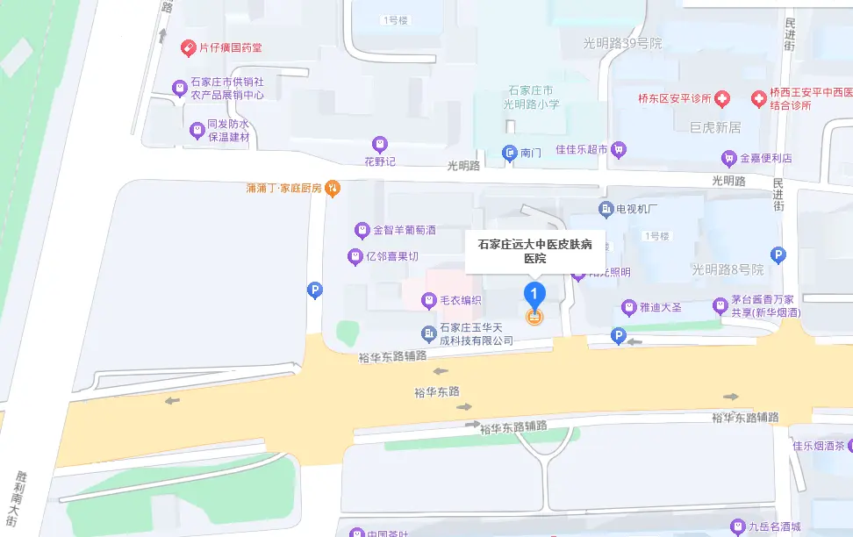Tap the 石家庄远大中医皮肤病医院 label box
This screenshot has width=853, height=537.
534,252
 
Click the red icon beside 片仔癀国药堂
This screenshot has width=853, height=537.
188,47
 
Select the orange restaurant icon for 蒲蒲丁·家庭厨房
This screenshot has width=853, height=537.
332,187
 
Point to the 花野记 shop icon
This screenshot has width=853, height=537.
380,144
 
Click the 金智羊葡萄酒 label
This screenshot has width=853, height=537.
405,231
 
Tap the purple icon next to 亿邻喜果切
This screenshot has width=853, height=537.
355,257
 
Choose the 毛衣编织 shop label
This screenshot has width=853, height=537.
461,301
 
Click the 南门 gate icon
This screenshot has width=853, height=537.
510,153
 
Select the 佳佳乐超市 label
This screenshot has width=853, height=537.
581,150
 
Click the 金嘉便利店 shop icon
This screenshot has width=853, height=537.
728,159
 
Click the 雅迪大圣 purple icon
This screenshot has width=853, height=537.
628,308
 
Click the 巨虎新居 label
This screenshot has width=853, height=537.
715,128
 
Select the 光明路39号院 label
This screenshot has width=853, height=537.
622,43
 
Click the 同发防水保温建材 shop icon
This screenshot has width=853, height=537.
197,131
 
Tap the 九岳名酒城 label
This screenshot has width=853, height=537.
775,527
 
